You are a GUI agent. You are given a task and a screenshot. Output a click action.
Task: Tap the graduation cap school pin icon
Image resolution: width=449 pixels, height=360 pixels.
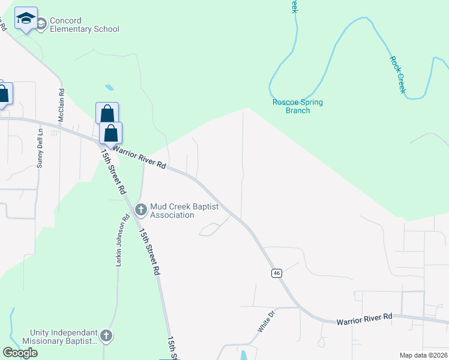tap(26, 20)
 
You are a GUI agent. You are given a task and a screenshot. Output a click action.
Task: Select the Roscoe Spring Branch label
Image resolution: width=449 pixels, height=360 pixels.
tap(298, 106)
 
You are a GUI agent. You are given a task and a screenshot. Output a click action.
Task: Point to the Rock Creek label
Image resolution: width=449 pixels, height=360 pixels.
tap(398, 74)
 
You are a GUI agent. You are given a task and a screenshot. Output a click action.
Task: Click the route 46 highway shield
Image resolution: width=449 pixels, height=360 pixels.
tap(276, 273)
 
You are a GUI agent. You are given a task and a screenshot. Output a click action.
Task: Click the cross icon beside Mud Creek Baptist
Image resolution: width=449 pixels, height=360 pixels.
tap(141, 209)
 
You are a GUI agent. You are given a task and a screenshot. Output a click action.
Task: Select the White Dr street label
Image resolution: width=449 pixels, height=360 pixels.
tap(266, 321)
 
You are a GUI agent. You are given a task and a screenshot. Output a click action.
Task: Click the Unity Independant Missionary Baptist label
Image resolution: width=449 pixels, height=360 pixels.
tap(64, 337)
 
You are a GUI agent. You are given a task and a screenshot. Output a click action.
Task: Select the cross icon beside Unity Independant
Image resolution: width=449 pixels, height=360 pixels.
tap(106, 336)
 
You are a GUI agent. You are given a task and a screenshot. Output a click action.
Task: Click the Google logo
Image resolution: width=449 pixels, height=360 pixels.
tap(20, 353)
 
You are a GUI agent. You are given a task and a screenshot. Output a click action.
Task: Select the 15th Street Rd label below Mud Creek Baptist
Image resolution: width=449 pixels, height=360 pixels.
tap(149, 253)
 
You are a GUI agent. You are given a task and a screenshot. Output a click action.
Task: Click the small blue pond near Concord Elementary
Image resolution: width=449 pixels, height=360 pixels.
tap(109, 88)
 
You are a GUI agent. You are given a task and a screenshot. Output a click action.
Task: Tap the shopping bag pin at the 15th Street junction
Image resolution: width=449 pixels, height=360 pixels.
tap(111, 133)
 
